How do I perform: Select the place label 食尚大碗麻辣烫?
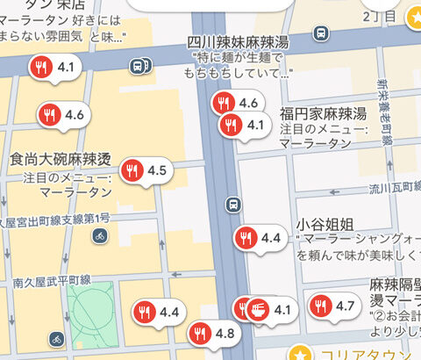[x=60, y=159]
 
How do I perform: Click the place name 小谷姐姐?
[x=326, y=221]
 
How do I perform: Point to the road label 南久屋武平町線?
[x=52, y=279]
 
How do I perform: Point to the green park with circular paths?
[x=90, y=308]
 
